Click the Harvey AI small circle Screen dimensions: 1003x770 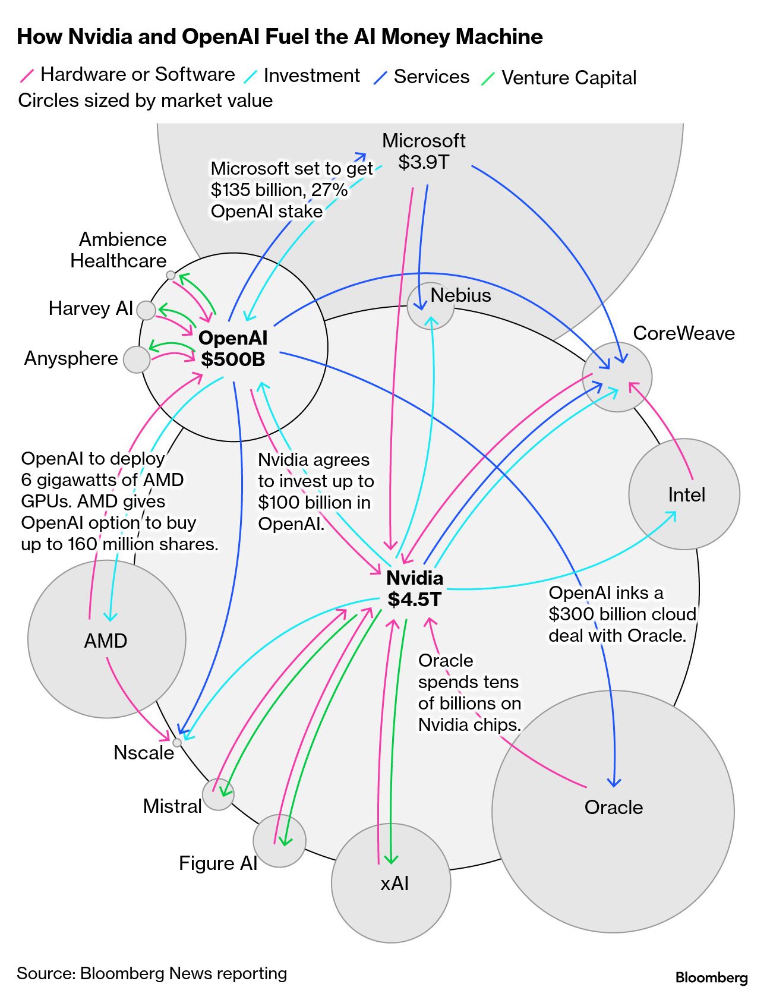pyautogui.click(x=146, y=310)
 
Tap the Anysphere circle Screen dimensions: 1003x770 pyautogui.click(x=137, y=359)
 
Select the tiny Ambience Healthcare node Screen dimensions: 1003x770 pyautogui.click(x=171, y=275)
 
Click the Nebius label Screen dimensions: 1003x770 pyautogui.click(x=460, y=295)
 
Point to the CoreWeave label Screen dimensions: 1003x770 pyautogui.click(x=683, y=333)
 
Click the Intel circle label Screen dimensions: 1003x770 pyautogui.click(x=686, y=495)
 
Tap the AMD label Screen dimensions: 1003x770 pyautogui.click(x=106, y=641)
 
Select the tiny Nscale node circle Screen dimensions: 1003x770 pyautogui.click(x=177, y=742)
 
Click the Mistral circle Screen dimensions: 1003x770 pyautogui.click(x=218, y=794)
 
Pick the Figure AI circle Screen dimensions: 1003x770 pyautogui.click(x=279, y=841)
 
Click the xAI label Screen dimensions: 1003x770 pyautogui.click(x=395, y=884)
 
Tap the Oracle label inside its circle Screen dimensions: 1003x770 pyautogui.click(x=613, y=808)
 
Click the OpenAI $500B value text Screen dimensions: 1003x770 pyautogui.click(x=233, y=359)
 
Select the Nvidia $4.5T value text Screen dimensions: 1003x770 pyautogui.click(x=415, y=600)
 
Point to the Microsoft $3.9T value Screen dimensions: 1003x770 pyautogui.click(x=423, y=162)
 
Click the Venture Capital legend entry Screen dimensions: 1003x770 pyautogui.click(x=568, y=78)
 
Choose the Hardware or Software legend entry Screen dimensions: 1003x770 pyautogui.click(x=137, y=75)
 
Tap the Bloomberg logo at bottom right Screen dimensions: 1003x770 pyautogui.click(x=711, y=977)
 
